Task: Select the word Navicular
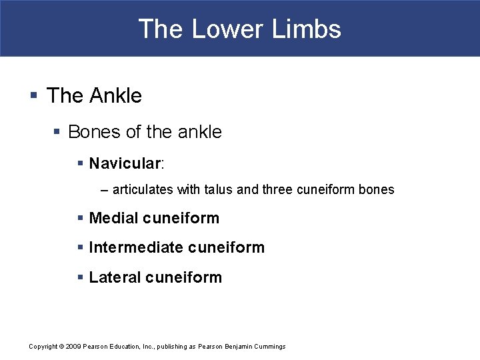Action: tap(125, 163)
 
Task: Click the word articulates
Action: tap(143, 189)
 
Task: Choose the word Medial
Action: tap(113, 218)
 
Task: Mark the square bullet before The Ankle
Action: tap(33, 96)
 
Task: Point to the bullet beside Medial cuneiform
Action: tap(81, 219)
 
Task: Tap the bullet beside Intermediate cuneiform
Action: tap(81, 248)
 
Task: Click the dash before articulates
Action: tap(104, 190)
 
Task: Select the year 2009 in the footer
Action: tap(73, 347)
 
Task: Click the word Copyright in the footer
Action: tap(43, 347)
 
